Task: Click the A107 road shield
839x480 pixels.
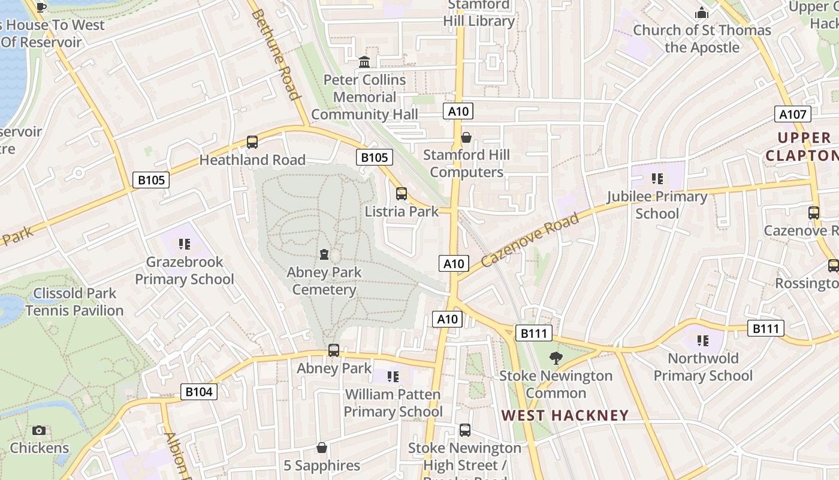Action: (793, 115)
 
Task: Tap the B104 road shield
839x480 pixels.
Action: (198, 392)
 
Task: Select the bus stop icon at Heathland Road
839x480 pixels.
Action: (252, 142)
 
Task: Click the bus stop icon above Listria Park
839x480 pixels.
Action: (402, 194)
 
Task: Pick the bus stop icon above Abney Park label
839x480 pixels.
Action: (334, 350)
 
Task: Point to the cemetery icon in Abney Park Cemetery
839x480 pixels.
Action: (324, 254)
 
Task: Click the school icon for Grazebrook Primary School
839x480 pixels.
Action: (185, 244)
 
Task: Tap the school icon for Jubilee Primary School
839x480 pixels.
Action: (657, 179)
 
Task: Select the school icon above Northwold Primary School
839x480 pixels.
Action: (702, 341)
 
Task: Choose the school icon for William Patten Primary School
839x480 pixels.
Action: (393, 377)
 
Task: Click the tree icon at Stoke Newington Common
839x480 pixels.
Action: (556, 358)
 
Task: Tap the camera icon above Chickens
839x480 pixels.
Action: (39, 430)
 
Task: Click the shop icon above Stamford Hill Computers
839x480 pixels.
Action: (466, 137)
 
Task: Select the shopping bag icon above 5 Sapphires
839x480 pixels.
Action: (322, 448)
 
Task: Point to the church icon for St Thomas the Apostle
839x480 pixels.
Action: (702, 13)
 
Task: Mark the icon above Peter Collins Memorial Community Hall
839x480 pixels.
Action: (364, 62)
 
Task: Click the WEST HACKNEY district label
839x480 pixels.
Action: (565, 415)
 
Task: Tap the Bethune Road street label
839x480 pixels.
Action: (275, 54)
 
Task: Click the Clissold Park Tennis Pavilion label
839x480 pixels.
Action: (74, 302)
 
